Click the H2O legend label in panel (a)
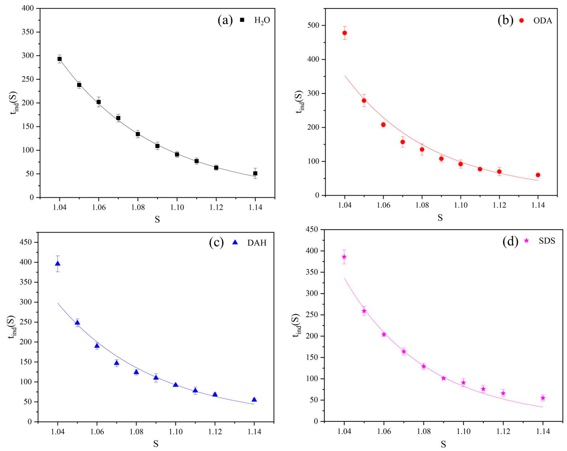coord(262,21)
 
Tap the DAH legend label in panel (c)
coord(257,243)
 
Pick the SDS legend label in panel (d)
coord(547,241)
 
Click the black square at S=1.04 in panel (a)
coord(60,59)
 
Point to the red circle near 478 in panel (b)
coord(345,33)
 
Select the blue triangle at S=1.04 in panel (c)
coord(58,264)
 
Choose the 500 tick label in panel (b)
coord(313,26)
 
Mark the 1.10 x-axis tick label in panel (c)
coord(176,432)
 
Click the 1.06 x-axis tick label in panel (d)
coord(384,432)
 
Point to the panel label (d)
coord(510,241)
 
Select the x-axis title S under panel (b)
coord(440,217)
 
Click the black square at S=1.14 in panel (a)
coord(255,173)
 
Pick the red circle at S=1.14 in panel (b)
coord(538,175)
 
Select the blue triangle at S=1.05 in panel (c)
coord(77,323)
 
